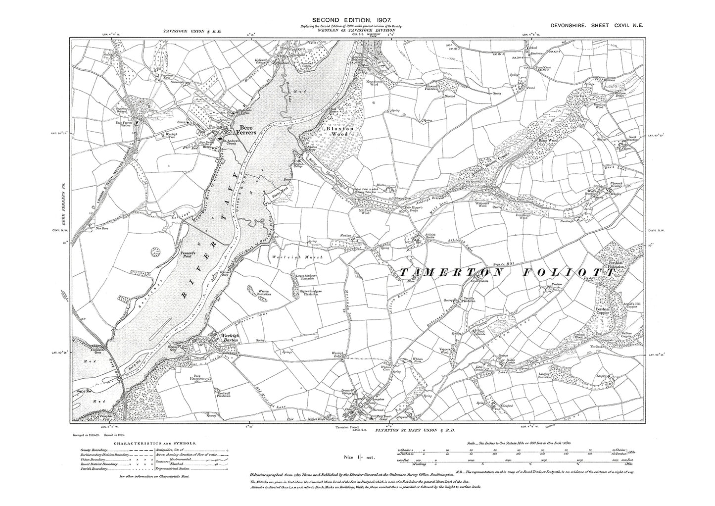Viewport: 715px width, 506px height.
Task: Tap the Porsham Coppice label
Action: (605, 312)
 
